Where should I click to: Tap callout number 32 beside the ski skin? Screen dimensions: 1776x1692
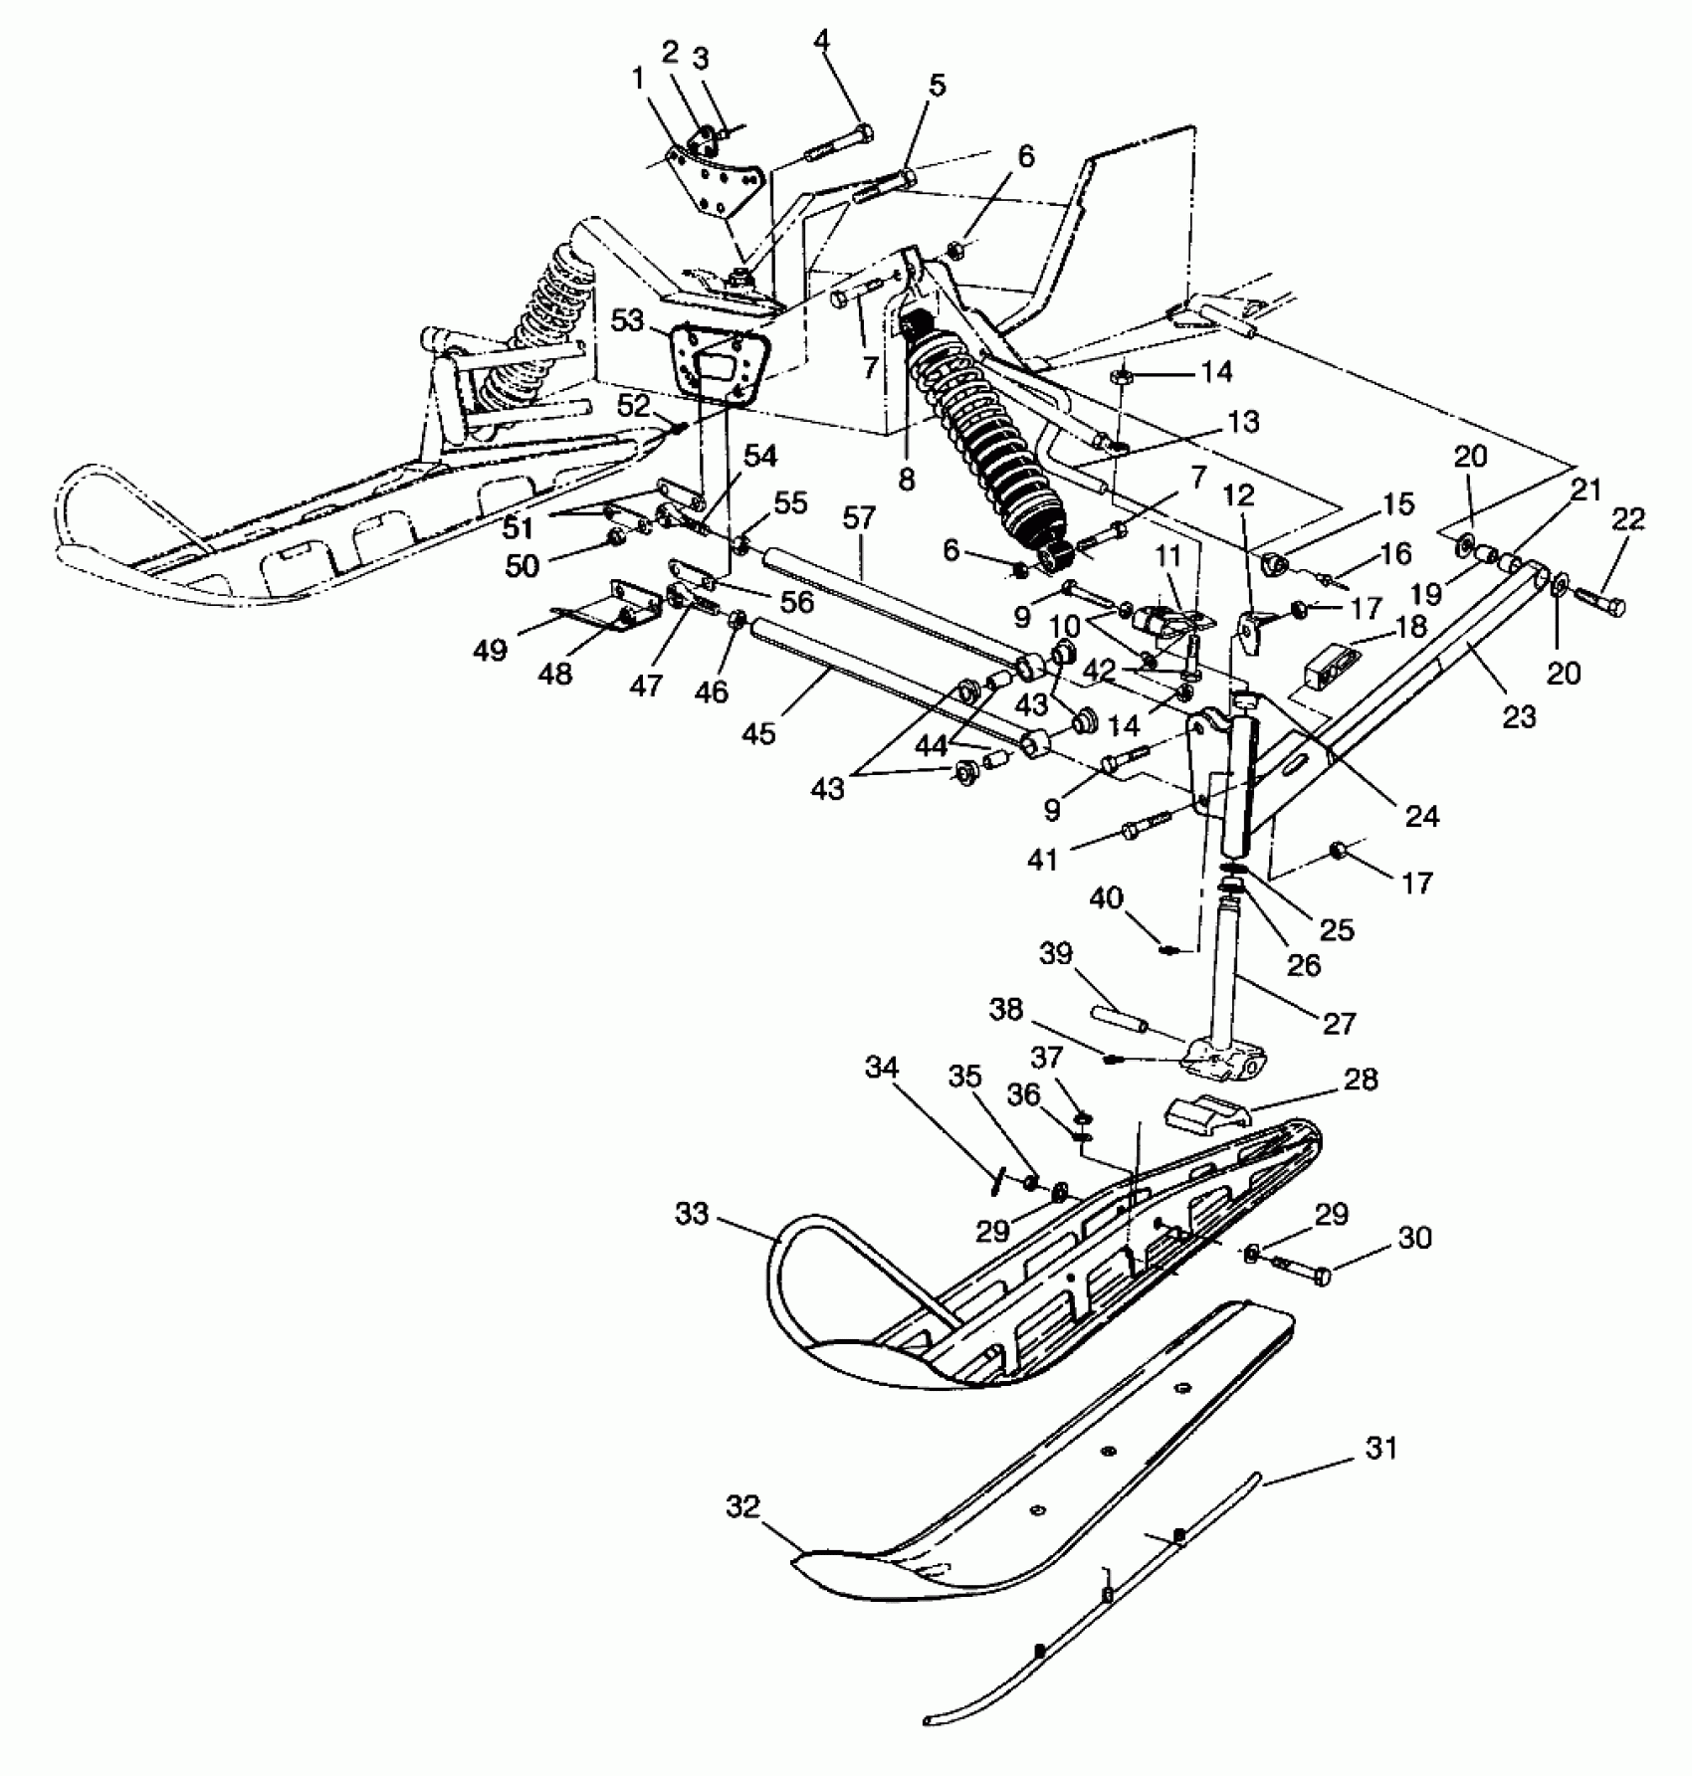coord(742,1507)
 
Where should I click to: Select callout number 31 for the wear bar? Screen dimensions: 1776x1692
coord(1382,1449)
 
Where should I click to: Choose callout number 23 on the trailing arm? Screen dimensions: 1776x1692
coord(1519,716)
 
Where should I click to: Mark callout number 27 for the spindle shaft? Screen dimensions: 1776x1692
coord(1339,1023)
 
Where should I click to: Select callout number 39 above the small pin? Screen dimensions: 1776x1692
coord(1056,954)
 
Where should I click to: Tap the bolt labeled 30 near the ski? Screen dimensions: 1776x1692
coord(1303,1274)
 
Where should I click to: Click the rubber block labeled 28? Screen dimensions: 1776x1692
coord(1204,1109)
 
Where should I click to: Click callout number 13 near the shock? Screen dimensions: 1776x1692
coord(1244,422)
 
